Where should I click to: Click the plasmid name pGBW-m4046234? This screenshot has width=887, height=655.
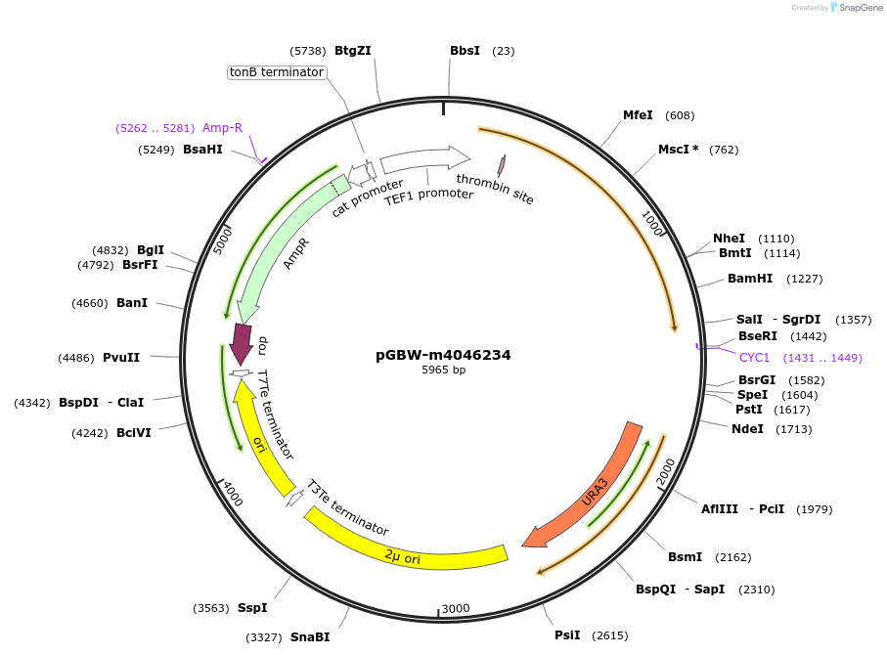[443, 355]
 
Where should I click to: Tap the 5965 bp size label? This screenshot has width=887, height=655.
[443, 371]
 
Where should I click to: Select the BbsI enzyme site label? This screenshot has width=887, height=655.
[465, 51]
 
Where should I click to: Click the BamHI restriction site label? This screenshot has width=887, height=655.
[750, 279]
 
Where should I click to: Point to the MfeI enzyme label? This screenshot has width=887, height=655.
[638, 115]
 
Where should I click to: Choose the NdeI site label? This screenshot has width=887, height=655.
[747, 428]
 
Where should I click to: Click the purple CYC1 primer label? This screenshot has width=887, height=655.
[754, 358]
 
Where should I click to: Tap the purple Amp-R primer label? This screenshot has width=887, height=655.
[222, 128]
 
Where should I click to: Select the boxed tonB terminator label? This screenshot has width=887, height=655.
[276, 72]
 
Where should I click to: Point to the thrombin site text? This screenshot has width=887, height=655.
[495, 188]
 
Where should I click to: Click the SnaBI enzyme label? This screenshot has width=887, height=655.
[310, 637]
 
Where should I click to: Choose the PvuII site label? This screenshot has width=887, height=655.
[121, 358]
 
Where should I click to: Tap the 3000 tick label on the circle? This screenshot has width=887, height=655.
[456, 608]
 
